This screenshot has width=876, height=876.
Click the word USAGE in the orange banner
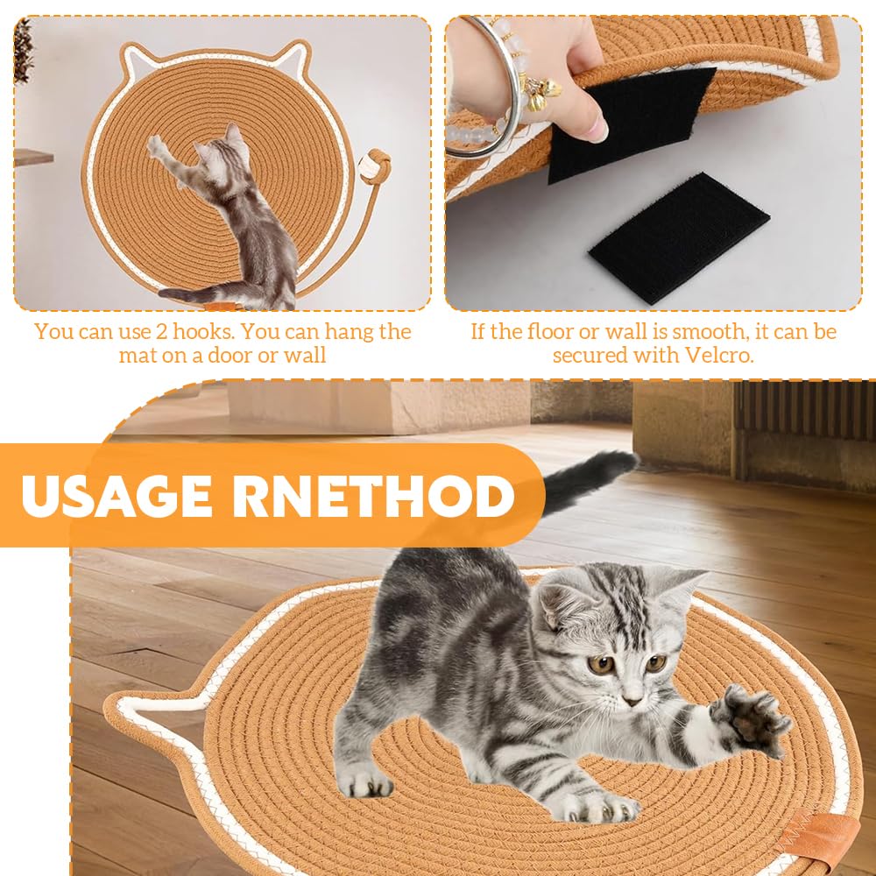pos(117,497)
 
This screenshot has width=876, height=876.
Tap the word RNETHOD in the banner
pos(373,497)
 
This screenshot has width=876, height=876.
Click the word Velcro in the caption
pos(719,355)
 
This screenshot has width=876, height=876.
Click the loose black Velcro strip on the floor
pos(679,237)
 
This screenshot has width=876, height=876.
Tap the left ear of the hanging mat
pos(135,60)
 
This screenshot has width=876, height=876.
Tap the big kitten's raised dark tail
pos(588,479)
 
